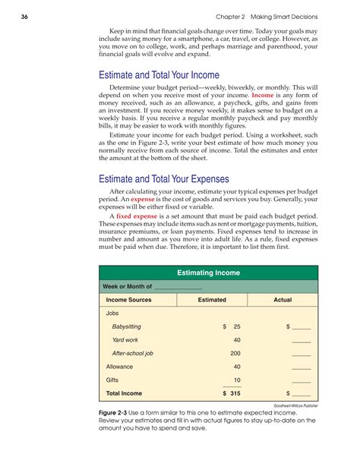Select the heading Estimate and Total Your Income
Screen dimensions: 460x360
[159, 74]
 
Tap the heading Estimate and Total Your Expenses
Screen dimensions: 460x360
[165, 179]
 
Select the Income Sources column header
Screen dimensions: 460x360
[128, 300]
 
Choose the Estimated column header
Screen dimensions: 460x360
[212, 300]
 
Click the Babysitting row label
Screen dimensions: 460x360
[126, 326]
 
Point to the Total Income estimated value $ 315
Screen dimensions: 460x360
[231, 393]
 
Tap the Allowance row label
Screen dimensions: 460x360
[118, 367]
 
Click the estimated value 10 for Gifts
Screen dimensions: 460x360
[237, 380]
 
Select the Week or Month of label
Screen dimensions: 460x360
[128, 286]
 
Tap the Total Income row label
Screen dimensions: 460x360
[125, 393]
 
